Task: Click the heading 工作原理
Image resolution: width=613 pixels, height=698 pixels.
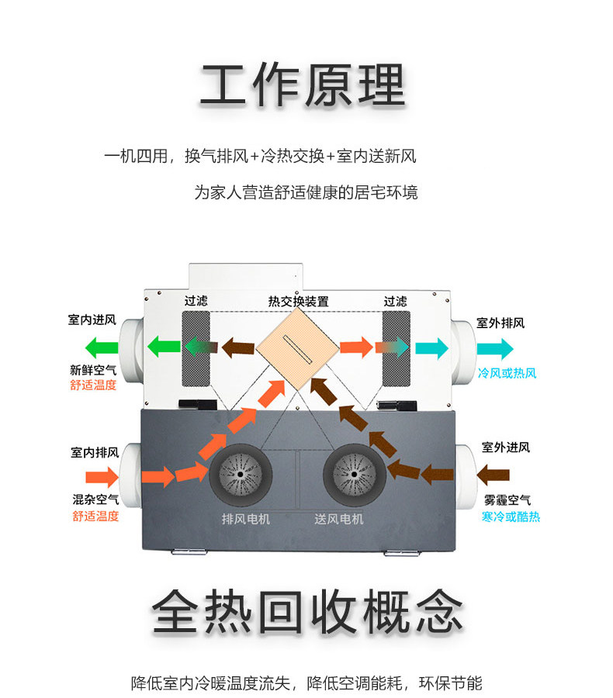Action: coord(303,85)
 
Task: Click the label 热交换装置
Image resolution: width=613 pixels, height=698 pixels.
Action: coord(298,301)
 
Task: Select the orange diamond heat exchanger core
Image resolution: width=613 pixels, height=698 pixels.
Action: coord(299,347)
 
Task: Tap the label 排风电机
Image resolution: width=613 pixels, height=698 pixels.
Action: coord(246,519)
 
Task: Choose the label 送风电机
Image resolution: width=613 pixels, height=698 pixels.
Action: coord(339,519)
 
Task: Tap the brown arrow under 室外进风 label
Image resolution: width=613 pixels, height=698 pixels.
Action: coord(494,472)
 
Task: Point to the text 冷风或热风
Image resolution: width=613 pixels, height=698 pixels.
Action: coord(507,373)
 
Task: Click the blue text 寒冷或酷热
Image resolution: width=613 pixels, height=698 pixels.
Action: coord(511,517)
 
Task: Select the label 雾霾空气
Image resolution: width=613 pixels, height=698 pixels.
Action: coord(507,500)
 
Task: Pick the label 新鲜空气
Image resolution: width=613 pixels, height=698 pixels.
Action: coord(93,370)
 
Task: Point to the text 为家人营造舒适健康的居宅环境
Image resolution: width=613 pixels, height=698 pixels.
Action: coord(306,192)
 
